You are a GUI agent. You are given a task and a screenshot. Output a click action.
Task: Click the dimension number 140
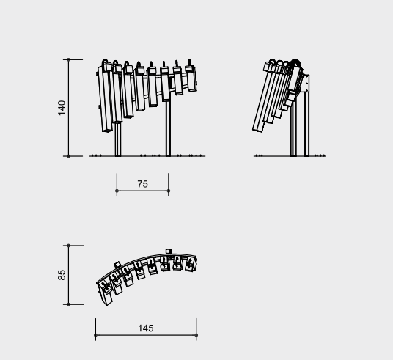[x=62, y=108]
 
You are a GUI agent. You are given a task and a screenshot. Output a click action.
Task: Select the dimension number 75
[x=143, y=184]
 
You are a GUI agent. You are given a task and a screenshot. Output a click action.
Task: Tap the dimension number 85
[x=62, y=275]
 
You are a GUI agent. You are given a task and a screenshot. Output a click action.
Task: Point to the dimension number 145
[x=146, y=328]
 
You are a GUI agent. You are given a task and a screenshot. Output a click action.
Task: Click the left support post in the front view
[x=118, y=139]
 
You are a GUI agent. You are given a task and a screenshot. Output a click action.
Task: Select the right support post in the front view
[x=168, y=128]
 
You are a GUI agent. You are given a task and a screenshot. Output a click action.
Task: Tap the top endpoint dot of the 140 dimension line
[x=68, y=59]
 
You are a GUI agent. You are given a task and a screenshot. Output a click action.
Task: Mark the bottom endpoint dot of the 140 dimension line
[x=68, y=156]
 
